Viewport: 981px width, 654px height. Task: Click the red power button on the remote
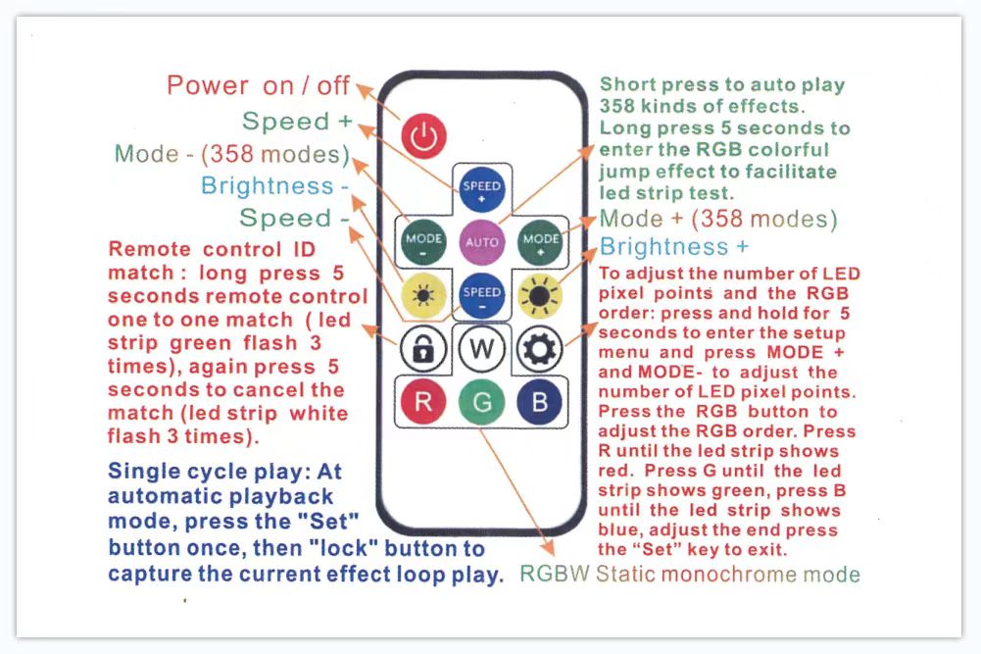click(x=423, y=136)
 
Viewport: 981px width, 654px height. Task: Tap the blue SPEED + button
click(x=481, y=189)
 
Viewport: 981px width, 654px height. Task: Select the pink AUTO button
click(x=481, y=241)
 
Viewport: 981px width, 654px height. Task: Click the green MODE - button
click(x=423, y=241)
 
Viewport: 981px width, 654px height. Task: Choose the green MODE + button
click(x=540, y=241)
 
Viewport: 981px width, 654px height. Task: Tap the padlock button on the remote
click(x=423, y=349)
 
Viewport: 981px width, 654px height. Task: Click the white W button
click(x=481, y=349)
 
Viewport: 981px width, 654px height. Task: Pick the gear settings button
click(x=539, y=349)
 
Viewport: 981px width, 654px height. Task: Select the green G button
click(x=481, y=402)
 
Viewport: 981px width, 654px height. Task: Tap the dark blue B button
click(x=539, y=402)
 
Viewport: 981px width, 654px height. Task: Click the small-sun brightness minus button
click(x=423, y=295)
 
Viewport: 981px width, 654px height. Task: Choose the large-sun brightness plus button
click(x=540, y=295)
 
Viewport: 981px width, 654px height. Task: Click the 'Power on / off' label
click(x=258, y=85)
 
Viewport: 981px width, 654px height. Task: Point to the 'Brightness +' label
click(x=674, y=246)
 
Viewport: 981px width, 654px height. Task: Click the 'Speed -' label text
click(x=294, y=218)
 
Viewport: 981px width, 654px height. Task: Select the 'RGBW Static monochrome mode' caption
click(x=690, y=574)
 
